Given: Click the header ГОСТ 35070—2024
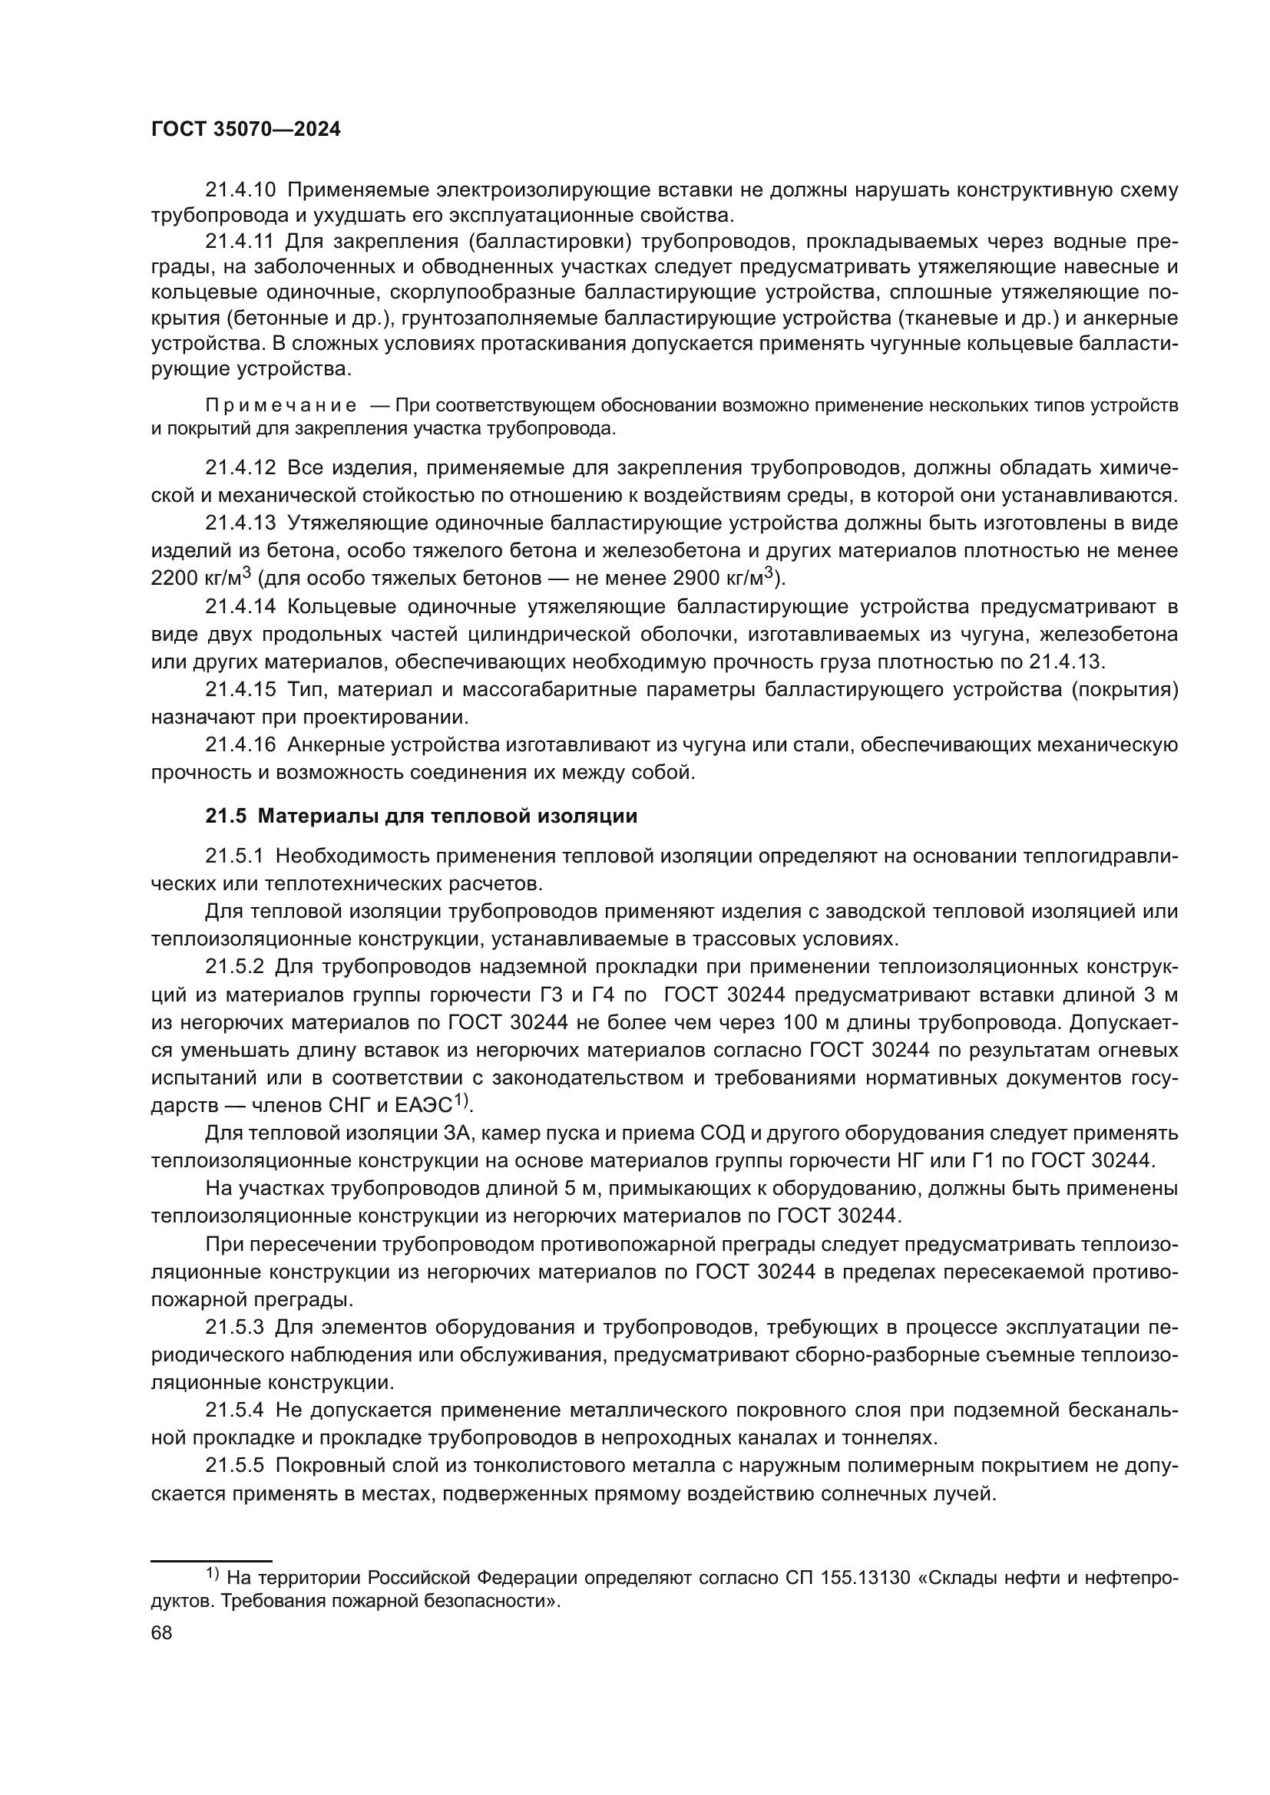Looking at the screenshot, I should pos(246,130).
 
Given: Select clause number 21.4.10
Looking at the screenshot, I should pos(240,190).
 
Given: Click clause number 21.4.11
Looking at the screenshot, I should pos(240,242).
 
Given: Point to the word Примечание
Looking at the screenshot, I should pos(281,405).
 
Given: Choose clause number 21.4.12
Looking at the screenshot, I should pos(240,467).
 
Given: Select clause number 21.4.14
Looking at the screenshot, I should pos(240,607).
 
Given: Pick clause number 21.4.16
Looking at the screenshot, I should pos(240,745).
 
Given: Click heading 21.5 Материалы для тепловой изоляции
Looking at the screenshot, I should pos(421,817).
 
